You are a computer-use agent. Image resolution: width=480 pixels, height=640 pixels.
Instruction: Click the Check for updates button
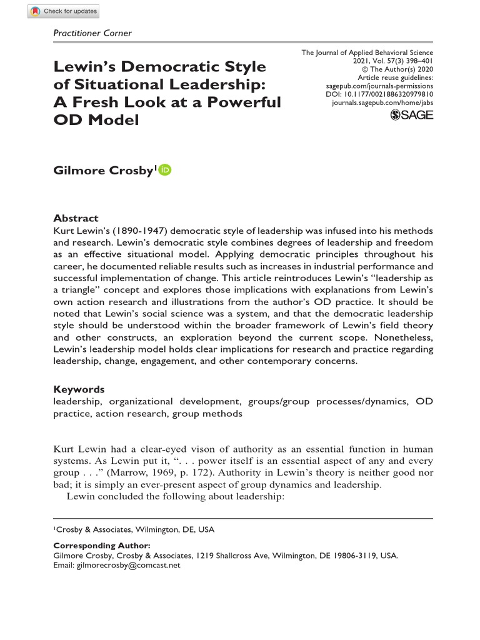point(64,11)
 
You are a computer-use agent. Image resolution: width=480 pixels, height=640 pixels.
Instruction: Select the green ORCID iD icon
point(165,170)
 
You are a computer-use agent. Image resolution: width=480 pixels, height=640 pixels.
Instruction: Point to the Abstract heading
point(76,218)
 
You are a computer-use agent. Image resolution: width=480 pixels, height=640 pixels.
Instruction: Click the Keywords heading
point(79,389)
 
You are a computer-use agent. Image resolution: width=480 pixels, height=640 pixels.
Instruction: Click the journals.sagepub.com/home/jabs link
point(382,102)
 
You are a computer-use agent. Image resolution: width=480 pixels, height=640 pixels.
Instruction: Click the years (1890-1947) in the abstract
point(134,230)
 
